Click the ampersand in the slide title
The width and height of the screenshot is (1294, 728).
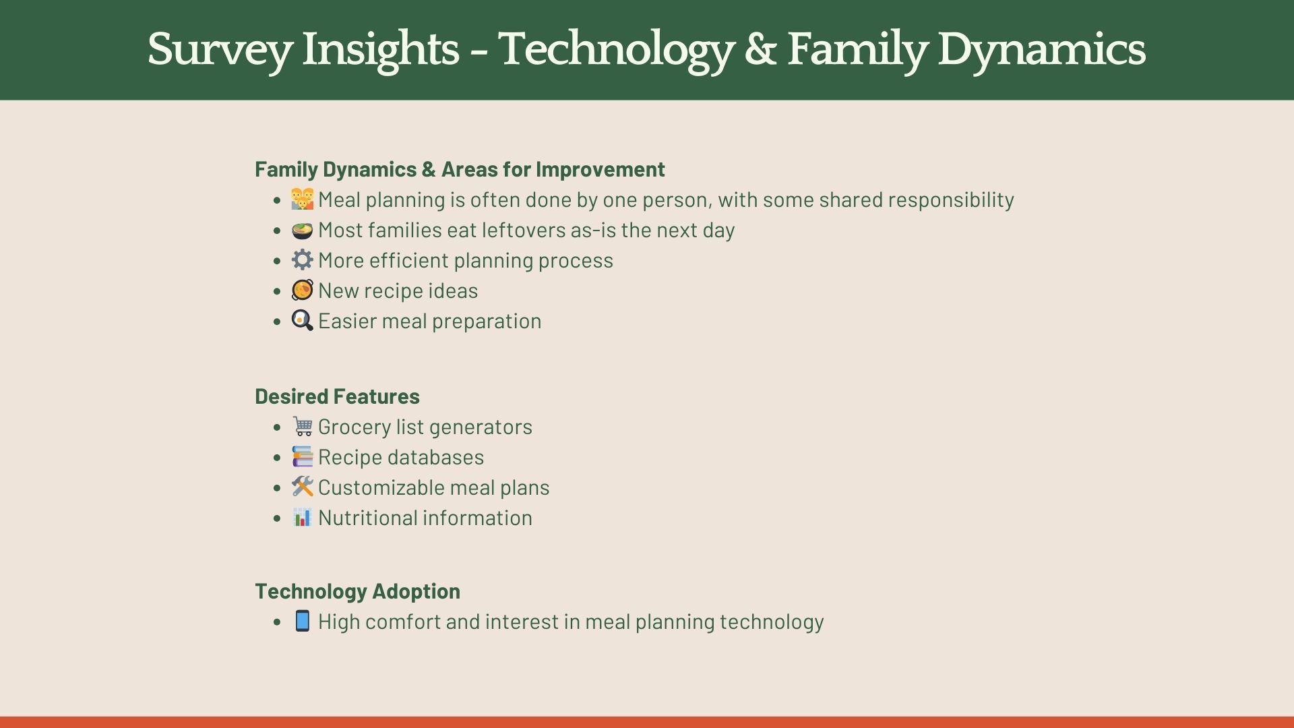[760, 50]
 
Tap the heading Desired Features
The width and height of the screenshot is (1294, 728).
[337, 396]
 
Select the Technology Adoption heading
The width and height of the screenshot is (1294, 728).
[357, 591]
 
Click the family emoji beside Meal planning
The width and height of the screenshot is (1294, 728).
[302, 199]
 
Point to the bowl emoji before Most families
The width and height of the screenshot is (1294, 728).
[302, 230]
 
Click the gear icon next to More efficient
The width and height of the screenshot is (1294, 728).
[302, 260]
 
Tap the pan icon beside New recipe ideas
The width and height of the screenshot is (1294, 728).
[302, 290]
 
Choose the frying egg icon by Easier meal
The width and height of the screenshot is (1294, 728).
[302, 320]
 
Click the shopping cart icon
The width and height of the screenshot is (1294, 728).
[302, 426]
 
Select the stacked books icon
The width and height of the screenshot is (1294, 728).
[302, 456]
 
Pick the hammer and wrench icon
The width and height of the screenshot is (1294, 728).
[302, 487]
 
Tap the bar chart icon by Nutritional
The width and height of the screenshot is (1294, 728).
[302, 517]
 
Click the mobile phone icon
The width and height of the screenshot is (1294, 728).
[302, 621]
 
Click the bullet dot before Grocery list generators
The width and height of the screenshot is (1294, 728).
[277, 427]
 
